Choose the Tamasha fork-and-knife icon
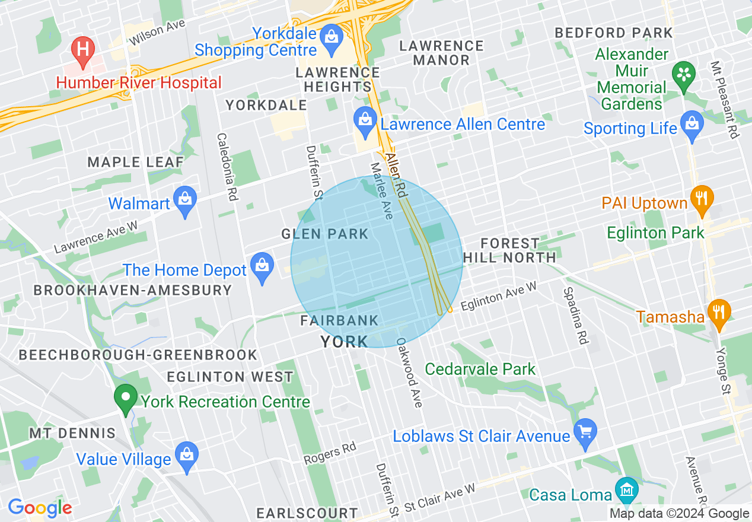tap(719, 313)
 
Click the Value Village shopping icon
tap(187, 456)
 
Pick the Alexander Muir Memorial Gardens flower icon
tap(684, 77)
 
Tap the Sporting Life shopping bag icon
tap(692, 125)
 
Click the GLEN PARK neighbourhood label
tap(325, 234)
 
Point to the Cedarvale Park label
tap(480, 369)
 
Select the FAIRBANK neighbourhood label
tap(339, 321)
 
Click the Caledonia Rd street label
tap(227, 166)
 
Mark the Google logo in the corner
tap(39, 508)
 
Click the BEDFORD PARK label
tap(614, 33)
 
